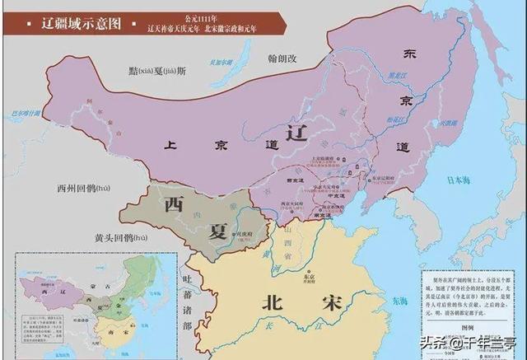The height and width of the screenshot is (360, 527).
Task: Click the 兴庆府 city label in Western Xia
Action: [x=220, y=234]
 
